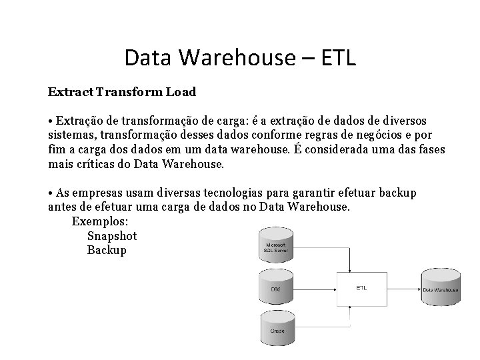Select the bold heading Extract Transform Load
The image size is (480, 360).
coord(122,90)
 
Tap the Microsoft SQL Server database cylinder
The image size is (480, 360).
coord(276,247)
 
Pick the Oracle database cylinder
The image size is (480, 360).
coord(276,328)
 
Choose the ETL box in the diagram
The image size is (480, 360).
coord(361,289)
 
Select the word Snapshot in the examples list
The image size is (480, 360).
coord(112,236)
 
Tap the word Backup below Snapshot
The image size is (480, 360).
coord(107,251)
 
